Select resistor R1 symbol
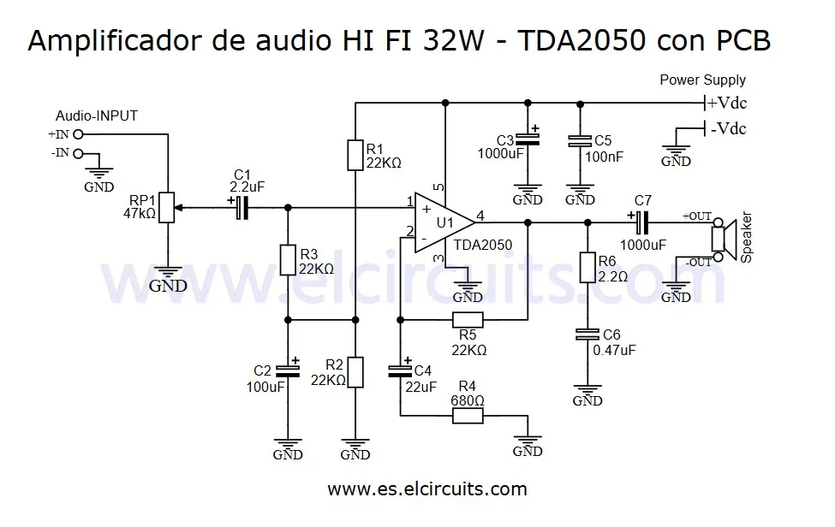[356, 156]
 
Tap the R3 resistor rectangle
[288, 260]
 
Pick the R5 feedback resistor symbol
[468, 321]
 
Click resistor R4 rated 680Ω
[468, 416]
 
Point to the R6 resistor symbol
[587, 267]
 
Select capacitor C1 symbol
[242, 207]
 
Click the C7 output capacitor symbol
[642, 222]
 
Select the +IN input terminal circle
[78, 134]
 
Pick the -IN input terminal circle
[78, 154]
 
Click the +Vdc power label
[725, 104]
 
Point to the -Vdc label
[726, 129]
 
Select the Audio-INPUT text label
[96, 115]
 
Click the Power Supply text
[702, 80]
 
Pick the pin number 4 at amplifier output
[480, 216]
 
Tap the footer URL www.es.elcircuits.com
[426, 489]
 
